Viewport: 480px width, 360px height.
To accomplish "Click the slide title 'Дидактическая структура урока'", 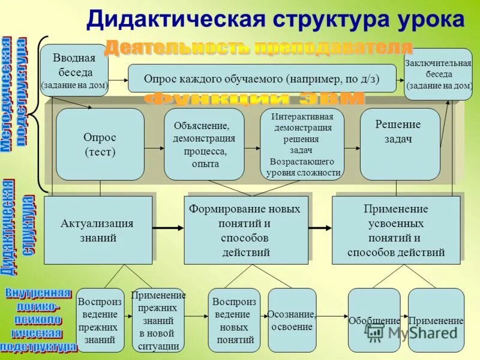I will [275, 19].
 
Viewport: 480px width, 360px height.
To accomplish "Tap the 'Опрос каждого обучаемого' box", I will [262, 79].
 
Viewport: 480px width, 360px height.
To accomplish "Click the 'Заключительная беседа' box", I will [438, 73].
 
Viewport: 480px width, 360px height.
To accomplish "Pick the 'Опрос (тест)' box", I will [100, 144].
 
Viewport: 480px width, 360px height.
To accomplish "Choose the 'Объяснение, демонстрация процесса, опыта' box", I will [204, 144].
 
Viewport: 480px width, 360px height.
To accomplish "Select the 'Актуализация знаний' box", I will [98, 230].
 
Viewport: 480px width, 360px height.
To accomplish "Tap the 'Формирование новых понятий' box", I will [245, 230].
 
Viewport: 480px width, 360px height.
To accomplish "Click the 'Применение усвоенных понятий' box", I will [396, 230].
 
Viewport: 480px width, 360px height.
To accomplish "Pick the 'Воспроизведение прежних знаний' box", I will [100, 320].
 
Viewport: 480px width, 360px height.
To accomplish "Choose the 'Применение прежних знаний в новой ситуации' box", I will [158, 320].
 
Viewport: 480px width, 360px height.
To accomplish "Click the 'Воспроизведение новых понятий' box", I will [234, 320].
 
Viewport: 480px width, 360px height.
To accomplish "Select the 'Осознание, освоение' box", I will [292, 320].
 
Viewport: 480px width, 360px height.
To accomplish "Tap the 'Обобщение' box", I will [374, 320].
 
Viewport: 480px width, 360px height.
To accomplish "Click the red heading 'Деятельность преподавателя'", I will [259, 47].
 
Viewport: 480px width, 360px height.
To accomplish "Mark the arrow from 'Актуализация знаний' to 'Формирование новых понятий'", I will [168, 227].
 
